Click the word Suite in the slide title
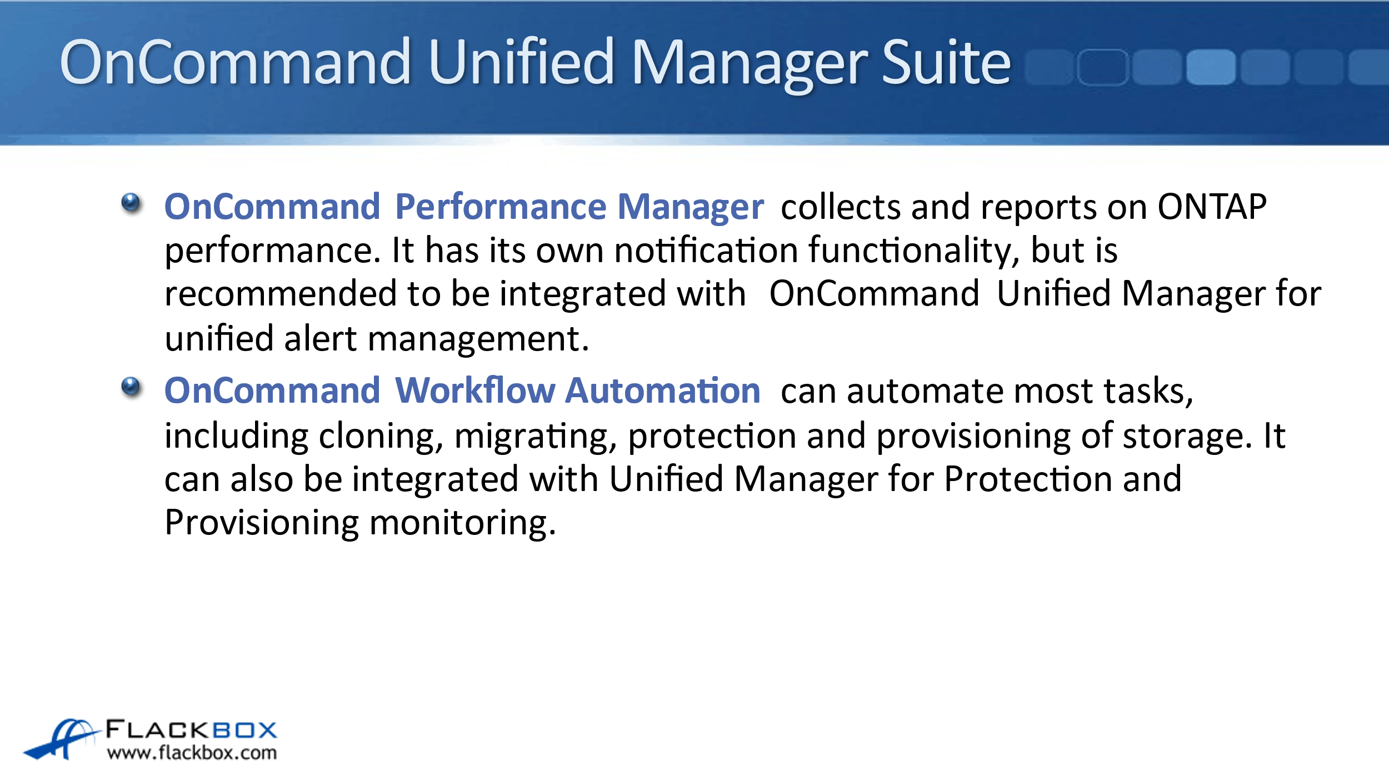(946, 62)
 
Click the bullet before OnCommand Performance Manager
(132, 203)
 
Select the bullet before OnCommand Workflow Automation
(132, 387)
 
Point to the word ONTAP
(1212, 207)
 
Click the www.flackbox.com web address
(192, 753)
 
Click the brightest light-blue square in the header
(1211, 67)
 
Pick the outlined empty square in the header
(1103, 67)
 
